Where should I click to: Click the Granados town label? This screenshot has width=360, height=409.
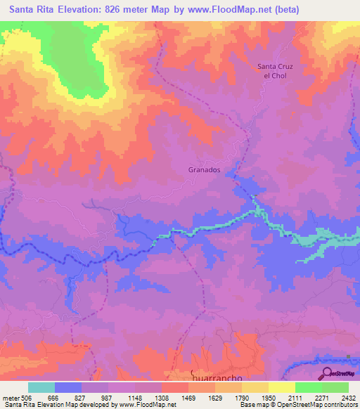[x=205, y=170]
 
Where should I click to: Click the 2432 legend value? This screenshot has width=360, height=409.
[x=349, y=396]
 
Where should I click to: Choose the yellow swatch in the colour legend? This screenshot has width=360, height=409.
[x=281, y=387]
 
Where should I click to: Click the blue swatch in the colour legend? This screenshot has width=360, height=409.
[x=68, y=387]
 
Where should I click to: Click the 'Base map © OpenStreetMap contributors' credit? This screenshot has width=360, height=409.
[x=297, y=405]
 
